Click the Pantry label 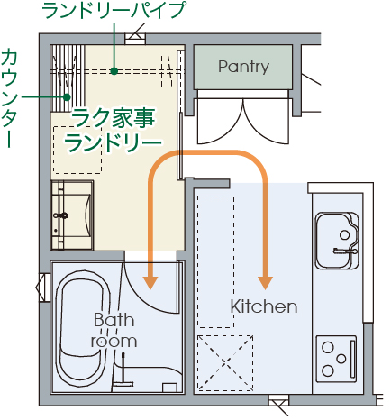tap(243, 67)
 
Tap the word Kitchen tap(264, 306)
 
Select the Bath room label tap(114, 331)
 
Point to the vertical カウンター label tap(9, 98)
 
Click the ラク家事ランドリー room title tap(114, 131)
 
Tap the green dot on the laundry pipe tap(114, 71)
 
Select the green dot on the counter tap(67, 97)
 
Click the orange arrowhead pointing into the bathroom tap(150, 282)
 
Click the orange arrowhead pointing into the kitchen tap(265, 282)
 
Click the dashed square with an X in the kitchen tap(225, 363)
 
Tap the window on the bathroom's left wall tap(42, 288)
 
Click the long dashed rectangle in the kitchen tap(216, 261)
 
